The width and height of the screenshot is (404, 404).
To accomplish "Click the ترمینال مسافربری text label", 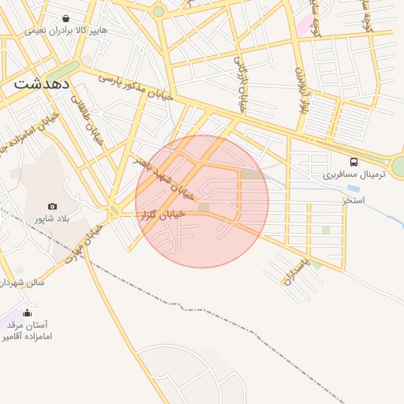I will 354,174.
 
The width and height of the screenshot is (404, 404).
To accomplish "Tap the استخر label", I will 353,200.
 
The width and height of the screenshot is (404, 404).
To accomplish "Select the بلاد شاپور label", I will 52,218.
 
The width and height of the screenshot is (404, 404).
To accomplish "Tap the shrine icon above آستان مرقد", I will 28,312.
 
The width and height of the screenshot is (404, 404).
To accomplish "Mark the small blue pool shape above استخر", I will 353,189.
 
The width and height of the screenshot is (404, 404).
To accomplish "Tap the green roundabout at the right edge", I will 399,166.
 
